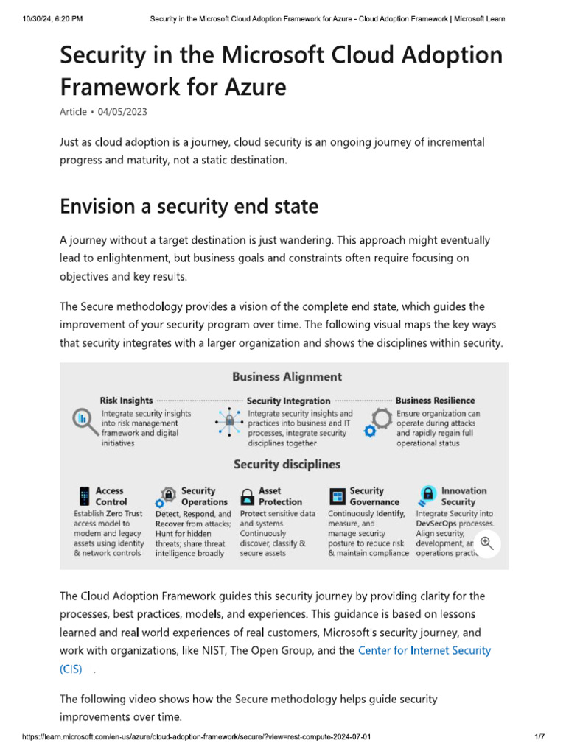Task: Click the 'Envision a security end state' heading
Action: coord(189,206)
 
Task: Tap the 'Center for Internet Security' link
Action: coord(424,650)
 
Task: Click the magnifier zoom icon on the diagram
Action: coord(486,543)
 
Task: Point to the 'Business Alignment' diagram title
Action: coord(287,377)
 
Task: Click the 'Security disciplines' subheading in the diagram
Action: coord(287,465)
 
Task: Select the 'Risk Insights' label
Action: coord(126,401)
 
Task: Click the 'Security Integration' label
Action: coord(288,401)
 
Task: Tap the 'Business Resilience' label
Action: coord(435,401)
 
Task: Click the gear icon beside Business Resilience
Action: coord(380,423)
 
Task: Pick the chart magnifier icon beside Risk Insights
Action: coord(82,419)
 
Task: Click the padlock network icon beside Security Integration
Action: coord(229,423)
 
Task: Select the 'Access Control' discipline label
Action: coord(110,496)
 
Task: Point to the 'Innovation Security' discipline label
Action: coord(464,496)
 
